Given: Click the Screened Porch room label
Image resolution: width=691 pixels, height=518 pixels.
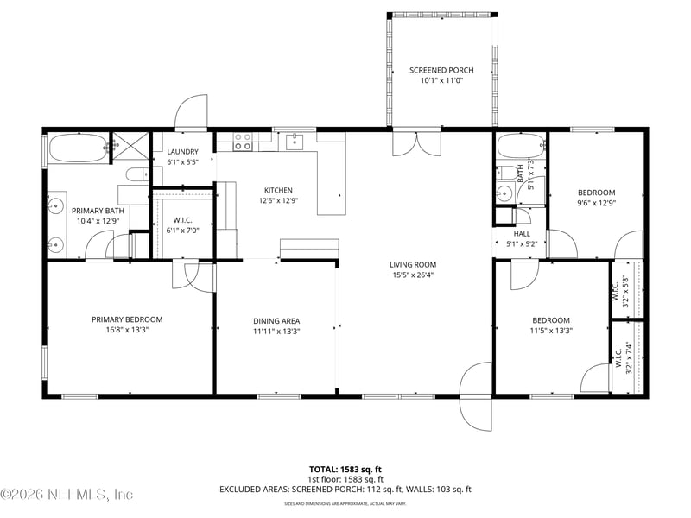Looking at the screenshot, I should tap(441, 69).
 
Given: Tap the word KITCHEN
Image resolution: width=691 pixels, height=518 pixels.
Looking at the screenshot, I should tap(278, 190).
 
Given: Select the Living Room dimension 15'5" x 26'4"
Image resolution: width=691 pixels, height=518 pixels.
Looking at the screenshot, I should tap(412, 275).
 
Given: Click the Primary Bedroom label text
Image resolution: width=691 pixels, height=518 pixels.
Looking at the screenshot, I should tap(127, 319).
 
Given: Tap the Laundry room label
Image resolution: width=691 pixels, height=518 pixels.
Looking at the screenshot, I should tap(182, 152).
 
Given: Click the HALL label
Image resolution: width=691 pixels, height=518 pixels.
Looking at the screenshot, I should tap(522, 233).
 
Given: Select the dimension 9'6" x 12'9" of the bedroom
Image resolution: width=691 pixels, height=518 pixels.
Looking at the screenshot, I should tap(596, 204).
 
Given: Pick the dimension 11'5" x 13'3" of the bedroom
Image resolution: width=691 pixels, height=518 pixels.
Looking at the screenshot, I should tap(550, 330).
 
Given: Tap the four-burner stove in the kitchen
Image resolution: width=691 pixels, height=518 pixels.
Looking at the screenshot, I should tap(243, 142).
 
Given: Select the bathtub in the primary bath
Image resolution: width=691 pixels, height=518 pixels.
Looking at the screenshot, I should tap(78, 148).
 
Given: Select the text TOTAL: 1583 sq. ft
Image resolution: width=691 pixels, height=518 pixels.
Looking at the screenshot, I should tap(345, 468).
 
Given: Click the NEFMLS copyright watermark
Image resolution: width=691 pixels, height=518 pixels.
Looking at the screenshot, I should tap(67, 495).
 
